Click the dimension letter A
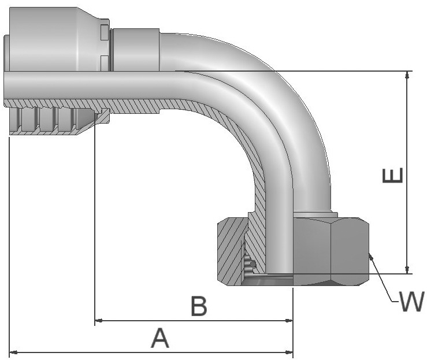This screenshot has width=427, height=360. [x=160, y=338]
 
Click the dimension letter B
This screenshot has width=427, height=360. [x=199, y=307]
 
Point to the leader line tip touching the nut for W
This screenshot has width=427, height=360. [x=370, y=255]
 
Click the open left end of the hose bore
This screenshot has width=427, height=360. [x=7, y=85]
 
